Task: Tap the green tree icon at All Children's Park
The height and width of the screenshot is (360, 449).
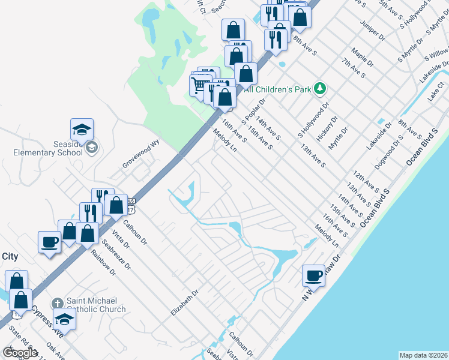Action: click(321, 89)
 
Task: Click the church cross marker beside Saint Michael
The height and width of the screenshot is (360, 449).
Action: click(57, 303)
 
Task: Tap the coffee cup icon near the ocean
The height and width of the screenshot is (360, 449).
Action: click(313, 275)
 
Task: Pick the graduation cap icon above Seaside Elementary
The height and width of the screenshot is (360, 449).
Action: click(82, 129)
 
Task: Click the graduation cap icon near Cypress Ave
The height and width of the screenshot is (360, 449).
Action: click(65, 319)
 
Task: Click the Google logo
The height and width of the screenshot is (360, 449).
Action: click(20, 353)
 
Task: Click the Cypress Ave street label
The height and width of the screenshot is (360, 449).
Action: click(47, 319)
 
